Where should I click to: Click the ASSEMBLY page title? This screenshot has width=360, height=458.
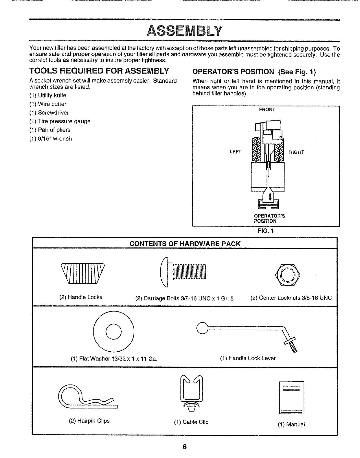pos(185,31)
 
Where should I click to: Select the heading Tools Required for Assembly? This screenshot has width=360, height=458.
pos(99,71)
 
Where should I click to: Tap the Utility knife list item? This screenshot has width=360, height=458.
pos(48,95)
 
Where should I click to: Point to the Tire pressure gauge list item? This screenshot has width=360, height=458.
pos(60,121)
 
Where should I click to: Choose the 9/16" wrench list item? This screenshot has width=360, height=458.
pos(51,139)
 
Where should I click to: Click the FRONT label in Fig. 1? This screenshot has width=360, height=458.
pos(267,110)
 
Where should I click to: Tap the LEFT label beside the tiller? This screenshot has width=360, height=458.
pos(235,152)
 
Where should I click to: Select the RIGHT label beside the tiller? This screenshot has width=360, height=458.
pos(296,152)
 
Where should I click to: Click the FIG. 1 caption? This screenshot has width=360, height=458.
pos(267,231)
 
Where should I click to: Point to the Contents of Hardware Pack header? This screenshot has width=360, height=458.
pos(185,244)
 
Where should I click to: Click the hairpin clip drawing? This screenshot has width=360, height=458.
pos(87,397)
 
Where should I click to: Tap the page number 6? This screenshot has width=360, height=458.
pos(185,447)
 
